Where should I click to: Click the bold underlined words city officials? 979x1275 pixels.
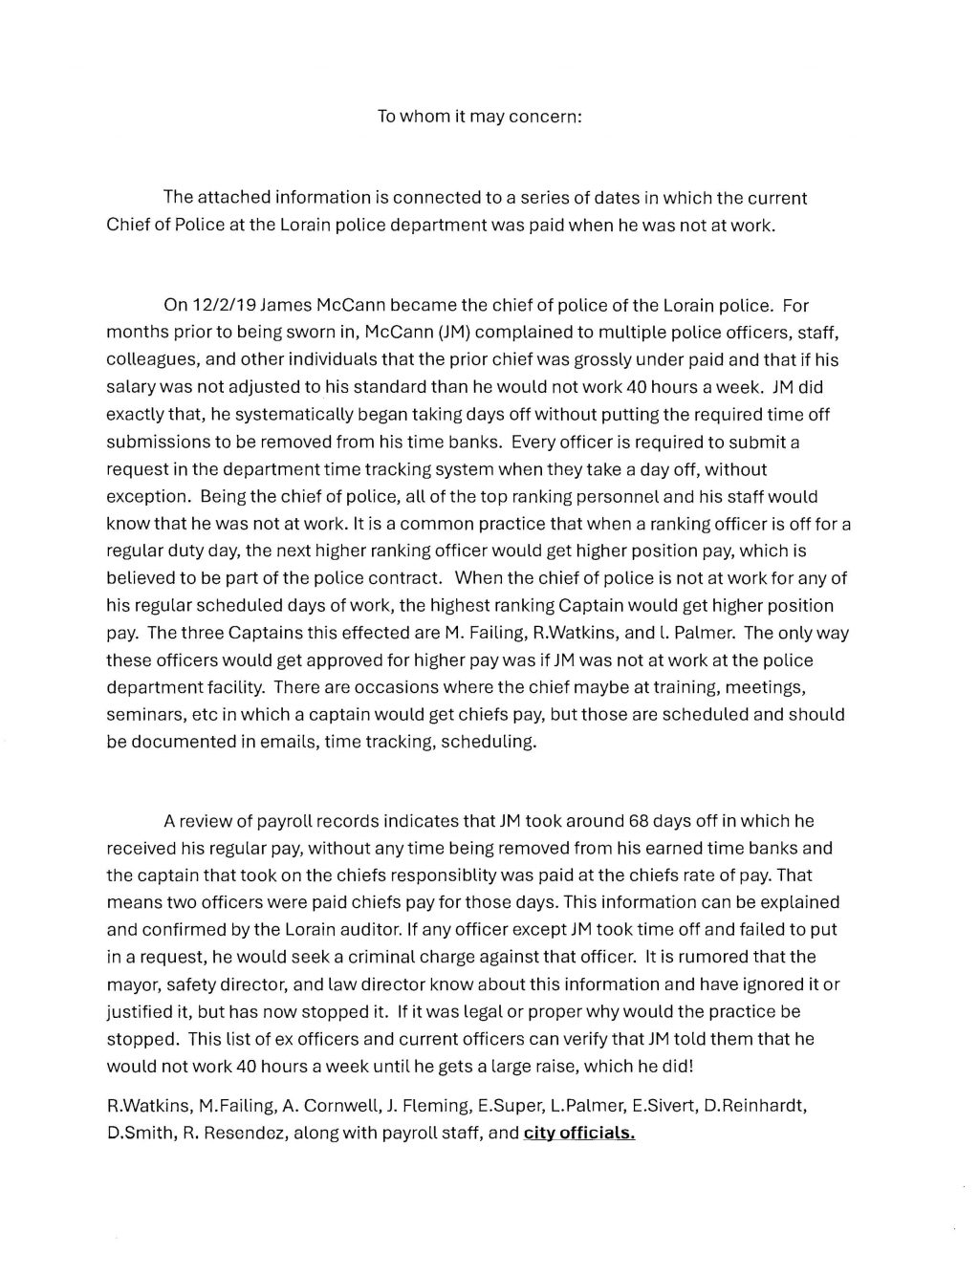(x=579, y=1135)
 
